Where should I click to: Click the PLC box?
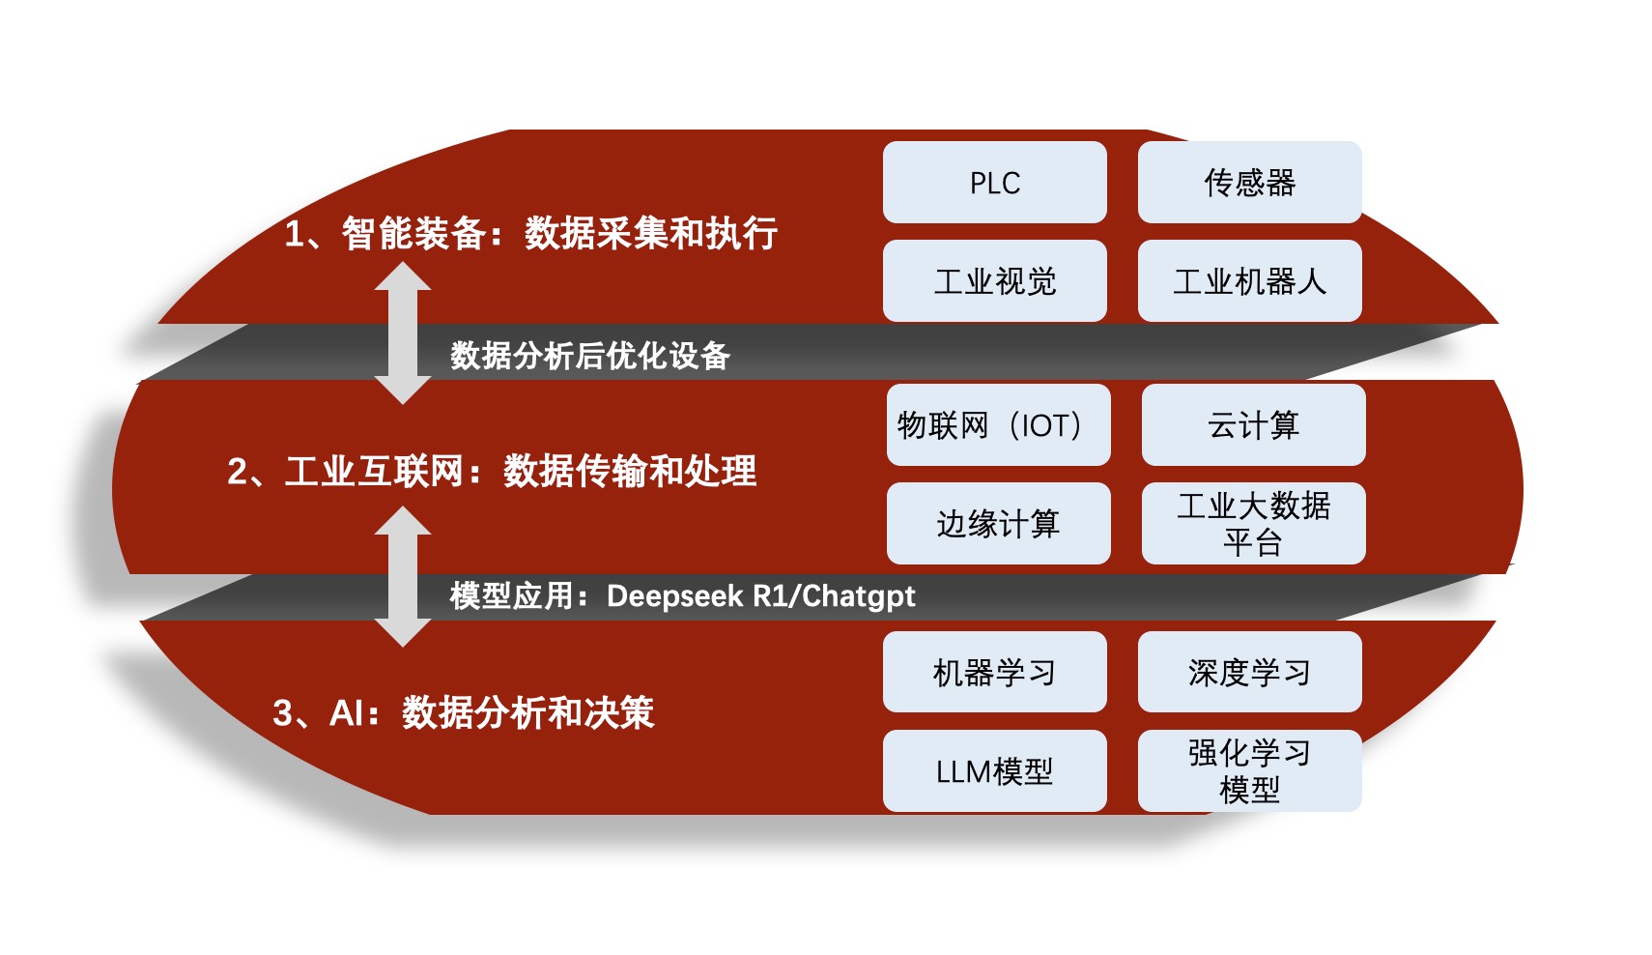point(994,183)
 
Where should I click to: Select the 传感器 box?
point(1249,183)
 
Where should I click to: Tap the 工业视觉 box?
point(994,281)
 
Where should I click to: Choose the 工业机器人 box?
point(1249,281)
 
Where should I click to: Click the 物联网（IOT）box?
point(998,425)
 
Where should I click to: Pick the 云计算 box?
point(1253,425)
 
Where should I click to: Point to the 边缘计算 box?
point(998,524)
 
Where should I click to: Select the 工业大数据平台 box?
point(1253,524)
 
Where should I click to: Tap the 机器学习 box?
point(994,673)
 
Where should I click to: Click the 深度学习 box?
point(1249,673)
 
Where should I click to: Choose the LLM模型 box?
point(994,771)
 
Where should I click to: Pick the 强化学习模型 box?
point(1249,771)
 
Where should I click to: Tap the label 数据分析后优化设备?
point(589,356)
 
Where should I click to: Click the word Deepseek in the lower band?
point(674,596)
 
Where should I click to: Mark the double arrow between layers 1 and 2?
point(403,333)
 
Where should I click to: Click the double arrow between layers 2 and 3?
point(403,576)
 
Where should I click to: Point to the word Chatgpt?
point(858,596)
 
